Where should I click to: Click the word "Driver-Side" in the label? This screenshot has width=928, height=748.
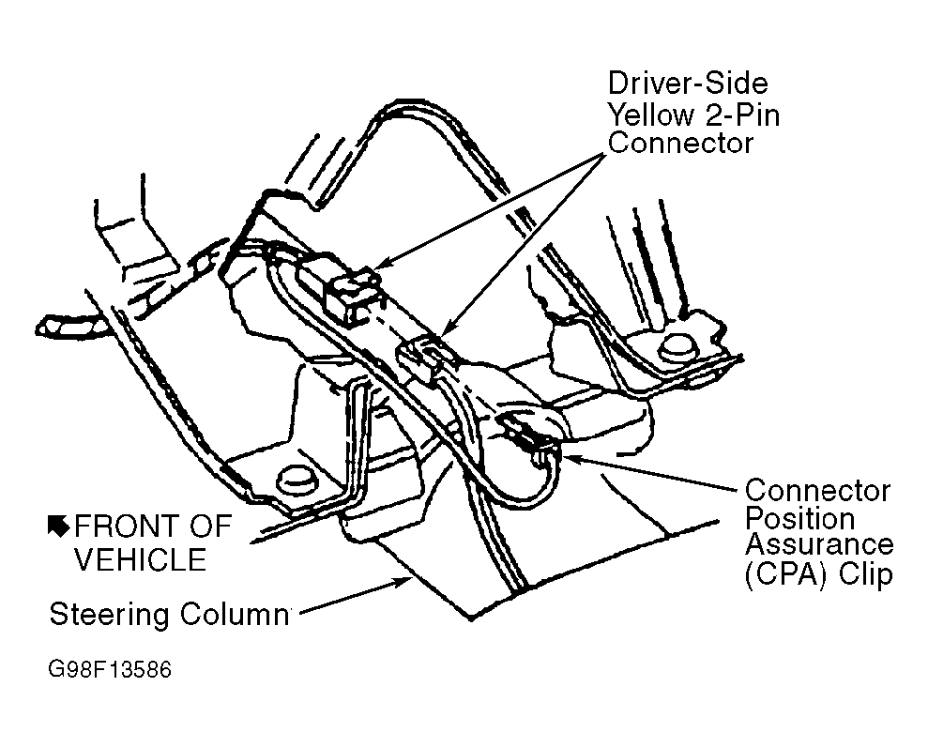tap(688, 84)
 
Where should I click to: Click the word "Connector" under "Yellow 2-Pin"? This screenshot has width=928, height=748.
tap(680, 144)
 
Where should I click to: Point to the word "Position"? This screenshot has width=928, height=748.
tap(799, 518)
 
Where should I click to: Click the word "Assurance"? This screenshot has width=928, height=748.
tap(819, 545)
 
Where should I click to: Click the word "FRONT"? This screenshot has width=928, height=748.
tap(126, 527)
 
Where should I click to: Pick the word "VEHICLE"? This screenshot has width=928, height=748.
tap(141, 559)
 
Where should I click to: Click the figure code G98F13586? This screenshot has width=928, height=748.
tap(110, 669)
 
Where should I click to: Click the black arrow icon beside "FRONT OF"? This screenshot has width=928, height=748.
tap(59, 526)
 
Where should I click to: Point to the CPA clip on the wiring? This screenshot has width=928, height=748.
tap(531, 435)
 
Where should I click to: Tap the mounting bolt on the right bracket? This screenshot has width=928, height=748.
tap(677, 349)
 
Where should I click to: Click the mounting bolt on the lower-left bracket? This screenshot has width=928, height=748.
tap(297, 479)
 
